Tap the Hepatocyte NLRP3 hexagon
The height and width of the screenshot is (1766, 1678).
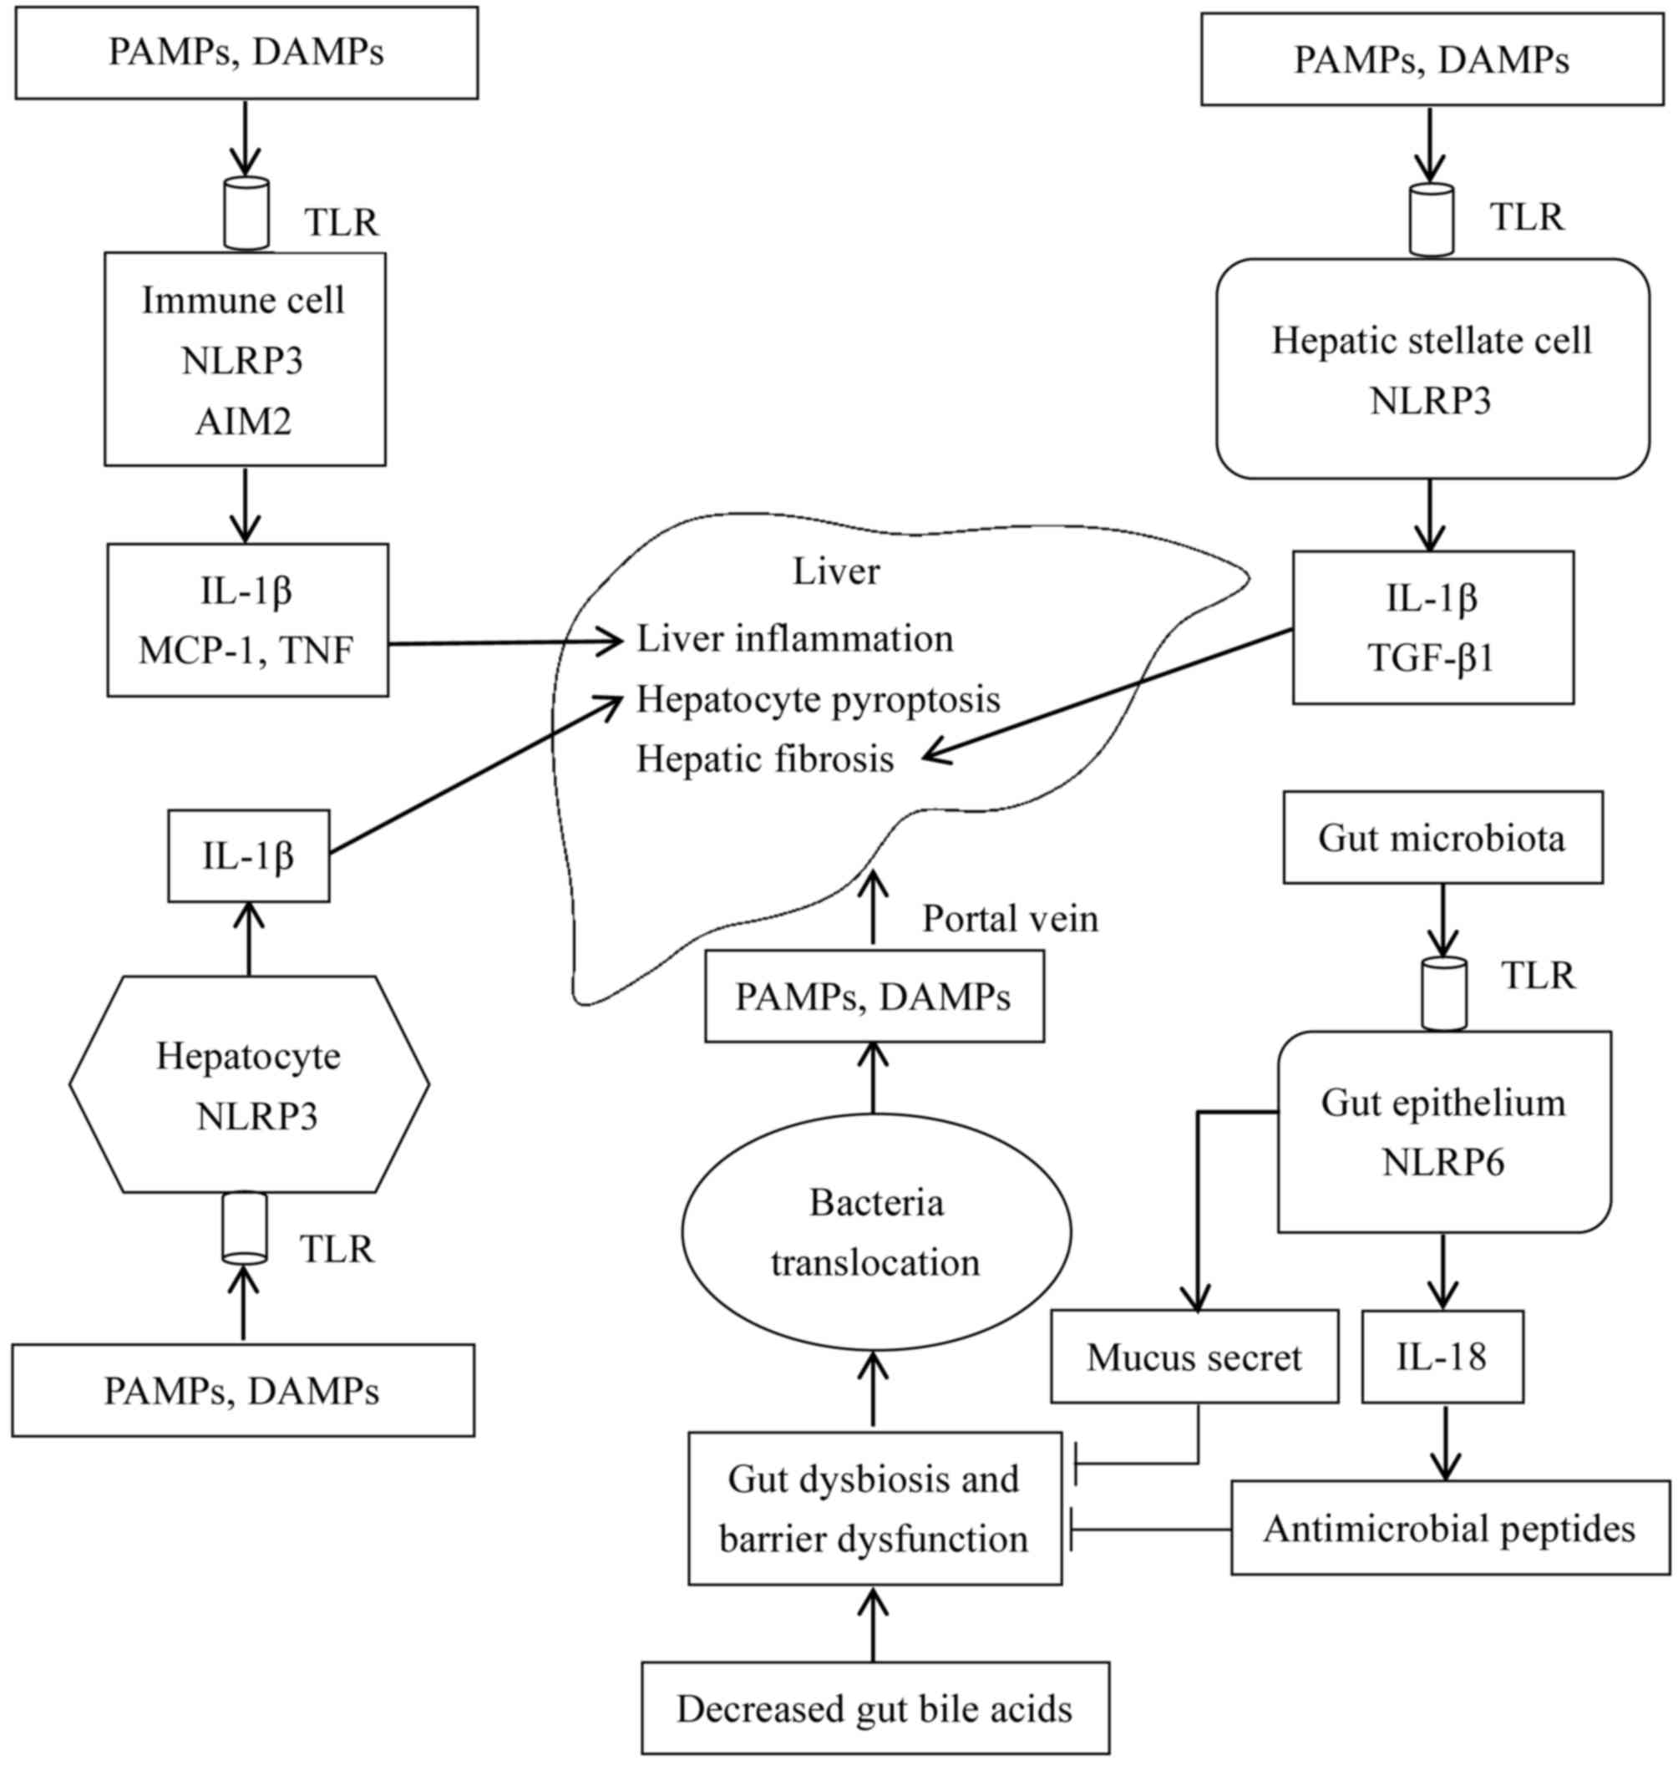[249, 1084]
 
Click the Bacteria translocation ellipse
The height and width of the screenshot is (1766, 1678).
[875, 1232]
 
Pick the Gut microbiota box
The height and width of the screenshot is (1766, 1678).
[1442, 837]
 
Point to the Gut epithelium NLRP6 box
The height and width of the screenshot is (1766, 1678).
[1442, 1132]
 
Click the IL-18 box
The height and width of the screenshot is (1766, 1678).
[1442, 1357]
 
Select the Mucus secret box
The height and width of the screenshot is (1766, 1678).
[1194, 1357]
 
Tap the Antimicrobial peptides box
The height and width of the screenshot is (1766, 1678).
[1449, 1528]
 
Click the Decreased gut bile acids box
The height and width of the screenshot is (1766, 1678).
[874, 1708]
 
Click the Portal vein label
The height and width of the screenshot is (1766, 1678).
[1010, 918]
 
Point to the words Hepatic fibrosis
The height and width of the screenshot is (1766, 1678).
[765, 759]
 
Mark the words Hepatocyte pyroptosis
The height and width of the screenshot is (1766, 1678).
[818, 698]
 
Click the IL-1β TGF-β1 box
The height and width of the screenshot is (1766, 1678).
[1432, 627]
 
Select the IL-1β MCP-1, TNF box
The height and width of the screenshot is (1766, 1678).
[247, 620]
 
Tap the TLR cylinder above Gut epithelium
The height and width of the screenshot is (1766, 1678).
[1443, 993]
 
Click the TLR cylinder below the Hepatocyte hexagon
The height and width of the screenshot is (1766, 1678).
[244, 1227]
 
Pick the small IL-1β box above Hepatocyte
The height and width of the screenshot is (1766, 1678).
[249, 856]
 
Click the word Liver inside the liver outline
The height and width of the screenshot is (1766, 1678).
[836, 571]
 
